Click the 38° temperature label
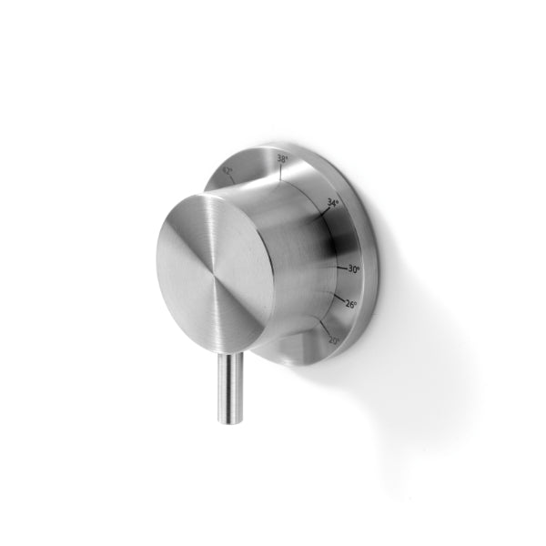point(282,158)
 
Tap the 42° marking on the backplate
point(227,170)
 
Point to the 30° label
point(354,269)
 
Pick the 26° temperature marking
point(351,304)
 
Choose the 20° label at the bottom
point(334,340)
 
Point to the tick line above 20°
point(324,328)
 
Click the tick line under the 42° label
point(233,179)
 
